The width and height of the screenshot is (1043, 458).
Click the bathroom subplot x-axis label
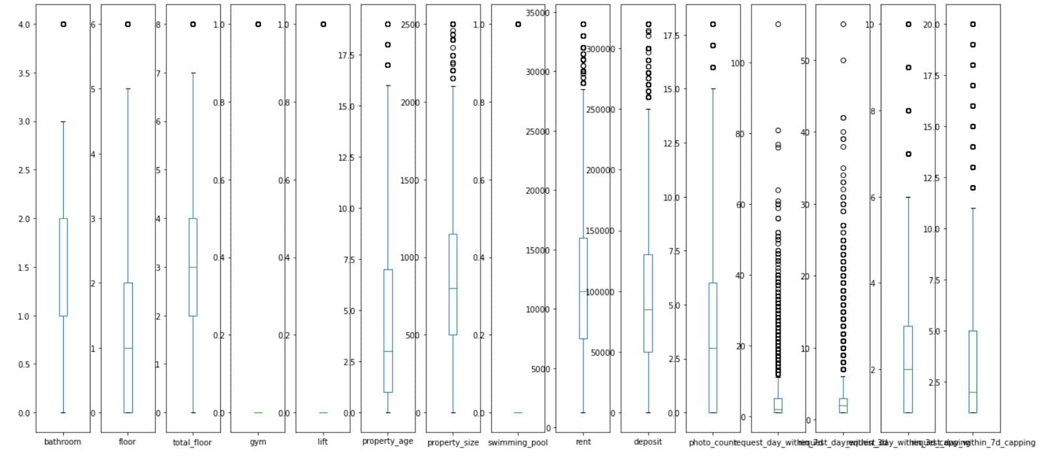pyautogui.click(x=63, y=442)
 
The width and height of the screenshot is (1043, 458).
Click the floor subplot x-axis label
pyautogui.click(x=127, y=442)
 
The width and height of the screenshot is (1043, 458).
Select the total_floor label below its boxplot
pyautogui.click(x=192, y=442)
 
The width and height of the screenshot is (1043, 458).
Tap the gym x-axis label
pyautogui.click(x=257, y=442)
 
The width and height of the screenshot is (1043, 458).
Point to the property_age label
pyautogui.click(x=387, y=441)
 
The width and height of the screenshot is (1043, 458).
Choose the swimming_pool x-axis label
pyautogui.click(x=518, y=442)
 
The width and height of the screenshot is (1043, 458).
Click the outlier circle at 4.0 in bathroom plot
pyautogui.click(x=63, y=24)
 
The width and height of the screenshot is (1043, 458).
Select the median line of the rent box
pyautogui.click(x=583, y=292)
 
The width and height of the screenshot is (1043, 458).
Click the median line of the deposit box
pyautogui.click(x=648, y=309)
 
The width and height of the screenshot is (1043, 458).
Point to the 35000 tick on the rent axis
pyautogui.click(x=538, y=13)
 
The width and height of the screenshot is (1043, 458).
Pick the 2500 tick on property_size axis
pyautogui.click(x=409, y=24)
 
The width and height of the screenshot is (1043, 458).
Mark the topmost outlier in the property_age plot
pyautogui.click(x=388, y=24)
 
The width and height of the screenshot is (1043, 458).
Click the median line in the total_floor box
pyautogui.click(x=193, y=267)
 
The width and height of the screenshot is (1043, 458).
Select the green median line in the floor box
pyautogui.click(x=128, y=348)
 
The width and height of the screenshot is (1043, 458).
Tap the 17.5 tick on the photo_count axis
pyautogui.click(x=670, y=35)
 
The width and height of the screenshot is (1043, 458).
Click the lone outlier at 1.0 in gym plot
pyautogui.click(x=258, y=24)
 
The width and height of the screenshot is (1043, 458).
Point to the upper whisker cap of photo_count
pyautogui.click(x=713, y=89)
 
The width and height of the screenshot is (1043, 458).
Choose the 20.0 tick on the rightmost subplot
pyautogui.click(x=931, y=24)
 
